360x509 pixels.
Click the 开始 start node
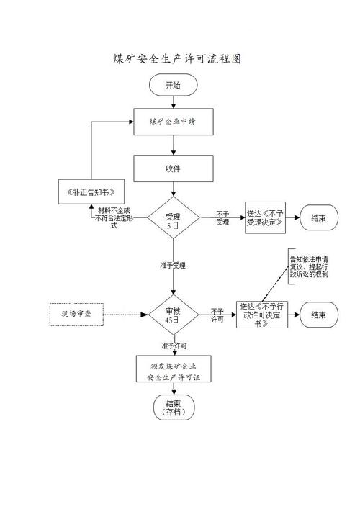tap(173, 85)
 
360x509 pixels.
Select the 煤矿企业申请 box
tap(173, 122)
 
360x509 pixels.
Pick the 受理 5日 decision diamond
tap(173, 219)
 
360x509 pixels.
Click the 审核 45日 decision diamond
tap(173, 315)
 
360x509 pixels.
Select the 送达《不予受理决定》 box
tap(265, 217)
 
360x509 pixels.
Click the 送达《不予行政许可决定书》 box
tap(261, 315)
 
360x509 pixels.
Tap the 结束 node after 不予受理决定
tap(318, 217)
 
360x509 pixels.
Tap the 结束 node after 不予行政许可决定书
tap(318, 315)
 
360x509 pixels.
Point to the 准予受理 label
tap(173, 265)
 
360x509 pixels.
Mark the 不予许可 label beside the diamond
tap(217, 315)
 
